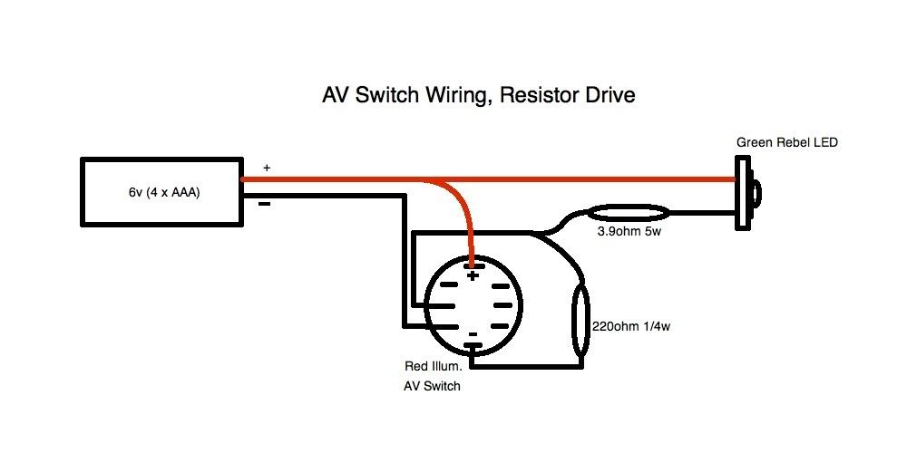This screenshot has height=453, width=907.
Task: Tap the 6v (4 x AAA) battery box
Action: pos(163,192)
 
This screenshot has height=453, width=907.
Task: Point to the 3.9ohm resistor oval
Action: pos(629,215)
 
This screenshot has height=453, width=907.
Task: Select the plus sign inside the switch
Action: pos(472,276)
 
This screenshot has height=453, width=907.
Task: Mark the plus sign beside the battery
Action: pos(266,169)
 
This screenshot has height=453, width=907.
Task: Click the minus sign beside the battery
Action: pos(265,204)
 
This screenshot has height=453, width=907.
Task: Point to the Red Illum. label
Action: pos(434,367)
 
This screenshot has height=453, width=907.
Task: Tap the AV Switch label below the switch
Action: pos(433,386)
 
